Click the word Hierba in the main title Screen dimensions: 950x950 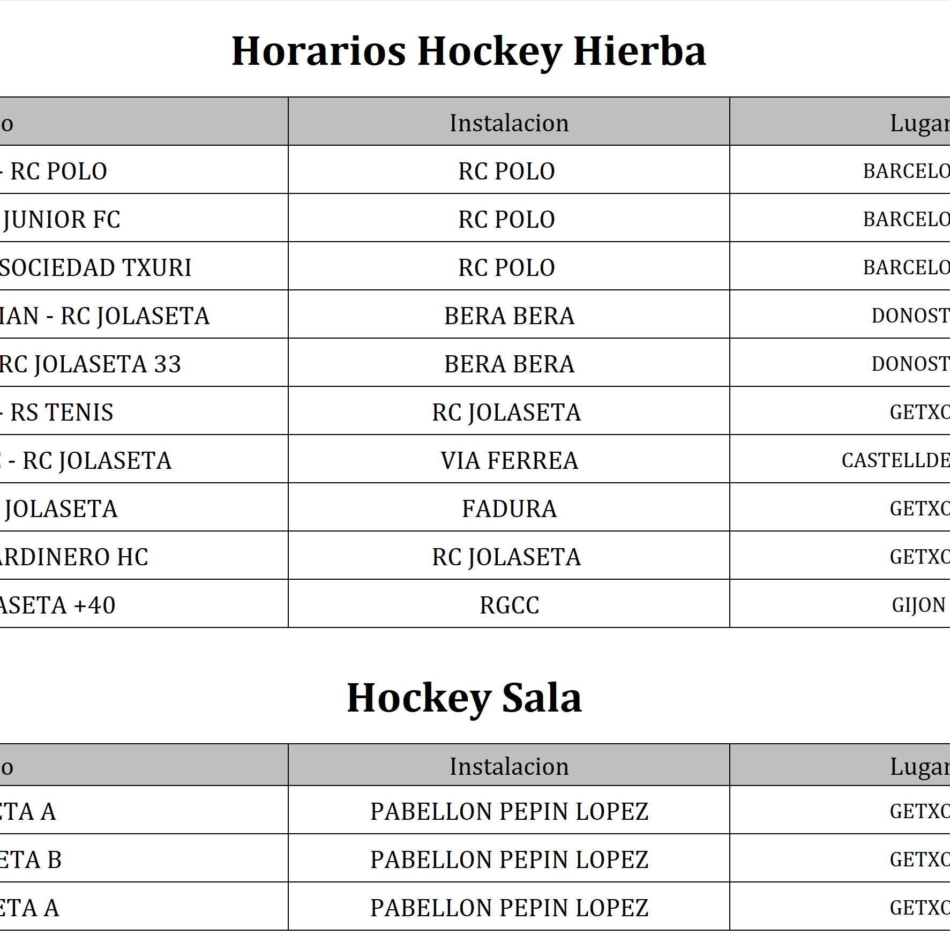(x=639, y=51)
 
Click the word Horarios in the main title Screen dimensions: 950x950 (x=319, y=51)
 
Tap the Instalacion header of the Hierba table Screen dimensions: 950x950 (x=509, y=123)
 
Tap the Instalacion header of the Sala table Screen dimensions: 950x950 (x=509, y=766)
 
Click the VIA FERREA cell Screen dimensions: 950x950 (x=509, y=461)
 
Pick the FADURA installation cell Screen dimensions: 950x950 (x=509, y=509)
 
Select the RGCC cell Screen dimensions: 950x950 (x=509, y=605)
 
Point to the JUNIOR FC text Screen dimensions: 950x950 (x=62, y=220)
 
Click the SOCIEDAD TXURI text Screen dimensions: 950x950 (x=95, y=268)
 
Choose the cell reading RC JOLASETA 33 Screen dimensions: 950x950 (x=90, y=364)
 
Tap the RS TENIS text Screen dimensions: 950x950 (x=62, y=413)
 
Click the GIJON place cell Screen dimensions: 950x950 (x=918, y=605)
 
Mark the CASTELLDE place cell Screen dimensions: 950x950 (x=895, y=461)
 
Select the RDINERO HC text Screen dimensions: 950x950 (x=74, y=557)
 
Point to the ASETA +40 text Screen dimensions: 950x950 (x=57, y=605)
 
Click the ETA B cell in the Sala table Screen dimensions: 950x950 (x=31, y=860)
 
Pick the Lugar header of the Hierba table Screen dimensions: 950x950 (x=919, y=123)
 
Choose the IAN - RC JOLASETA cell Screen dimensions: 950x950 (x=104, y=316)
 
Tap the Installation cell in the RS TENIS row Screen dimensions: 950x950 (x=506, y=413)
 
